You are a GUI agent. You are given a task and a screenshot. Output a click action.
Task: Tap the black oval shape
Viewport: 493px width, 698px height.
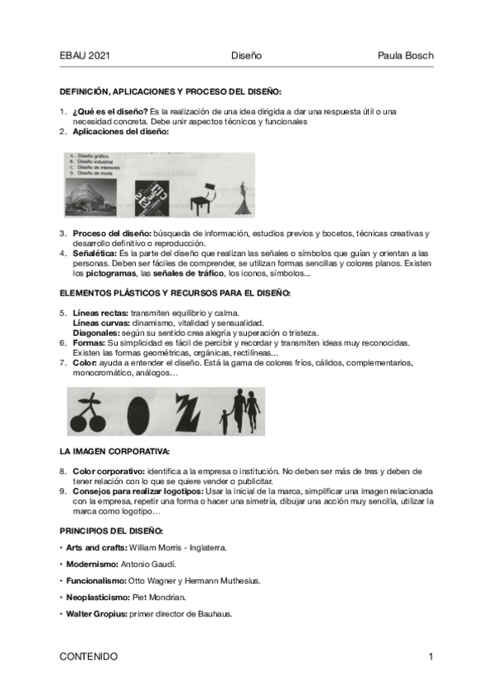point(137,411)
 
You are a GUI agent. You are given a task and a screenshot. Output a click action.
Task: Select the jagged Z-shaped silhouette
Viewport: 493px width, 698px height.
point(187,411)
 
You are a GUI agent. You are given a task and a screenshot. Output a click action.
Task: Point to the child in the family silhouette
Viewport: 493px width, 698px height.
point(225,421)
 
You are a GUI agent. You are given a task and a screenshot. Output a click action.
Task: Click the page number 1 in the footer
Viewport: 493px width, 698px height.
point(430,656)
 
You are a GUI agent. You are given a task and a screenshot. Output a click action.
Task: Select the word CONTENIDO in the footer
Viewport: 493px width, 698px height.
point(89,656)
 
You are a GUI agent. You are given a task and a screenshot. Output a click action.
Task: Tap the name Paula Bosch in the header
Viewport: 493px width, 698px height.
point(405,56)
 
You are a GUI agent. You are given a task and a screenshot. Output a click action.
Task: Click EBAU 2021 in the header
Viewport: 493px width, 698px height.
point(85,56)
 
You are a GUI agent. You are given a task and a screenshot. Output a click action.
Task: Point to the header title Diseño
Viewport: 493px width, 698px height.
point(246,56)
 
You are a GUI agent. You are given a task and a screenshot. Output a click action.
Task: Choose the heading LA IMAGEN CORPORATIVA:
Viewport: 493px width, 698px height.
point(114,452)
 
